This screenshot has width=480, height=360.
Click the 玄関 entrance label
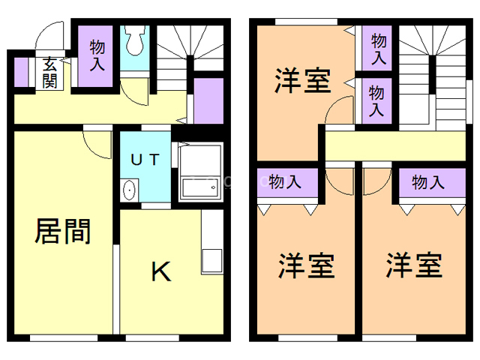(x=50, y=73)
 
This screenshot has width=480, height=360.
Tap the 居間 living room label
(x=63, y=232)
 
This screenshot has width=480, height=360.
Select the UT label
(x=145, y=159)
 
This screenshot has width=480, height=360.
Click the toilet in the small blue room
(x=136, y=43)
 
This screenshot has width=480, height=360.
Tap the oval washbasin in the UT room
(x=128, y=190)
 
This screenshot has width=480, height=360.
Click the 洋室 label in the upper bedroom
(x=302, y=81)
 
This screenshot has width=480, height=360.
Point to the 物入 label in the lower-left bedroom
(x=285, y=181)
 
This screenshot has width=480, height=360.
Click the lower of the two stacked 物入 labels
(x=378, y=100)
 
